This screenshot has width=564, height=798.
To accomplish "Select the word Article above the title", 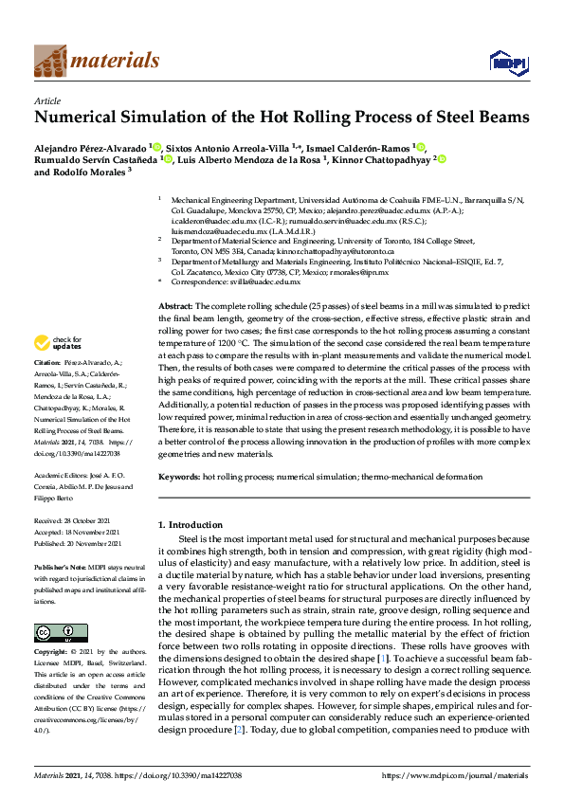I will [x=46, y=100].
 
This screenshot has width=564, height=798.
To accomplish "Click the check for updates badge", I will [x=58, y=341].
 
